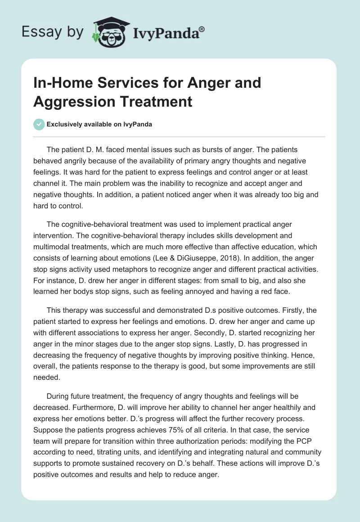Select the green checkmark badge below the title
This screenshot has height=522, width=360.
39,124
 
